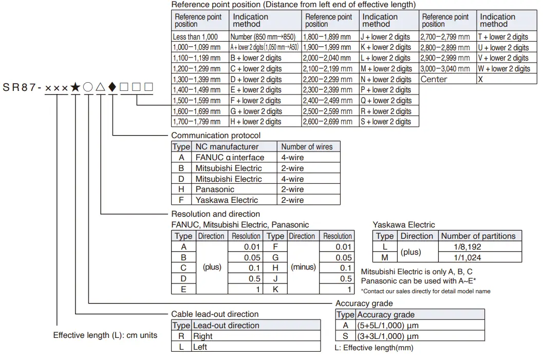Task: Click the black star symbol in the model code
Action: (76, 87)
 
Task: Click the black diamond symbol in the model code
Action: (113, 87)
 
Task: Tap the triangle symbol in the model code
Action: (100, 87)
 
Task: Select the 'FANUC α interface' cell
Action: (230, 158)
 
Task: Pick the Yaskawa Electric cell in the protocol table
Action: (227, 200)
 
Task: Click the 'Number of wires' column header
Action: (307, 147)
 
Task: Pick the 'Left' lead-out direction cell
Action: (200, 347)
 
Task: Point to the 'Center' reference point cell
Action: (434, 79)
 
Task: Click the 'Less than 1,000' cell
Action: (195, 37)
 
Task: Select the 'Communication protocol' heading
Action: (216, 136)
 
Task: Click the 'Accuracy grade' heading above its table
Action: (364, 304)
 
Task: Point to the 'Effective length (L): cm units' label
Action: (105, 335)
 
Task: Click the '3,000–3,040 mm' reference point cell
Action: (445, 69)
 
